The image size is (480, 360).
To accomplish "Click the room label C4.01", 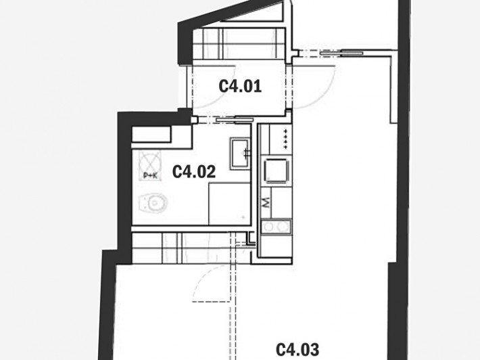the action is coord(240,86).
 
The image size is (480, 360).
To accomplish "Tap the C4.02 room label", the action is coord(194,172).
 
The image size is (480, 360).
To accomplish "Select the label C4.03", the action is coord(297,350).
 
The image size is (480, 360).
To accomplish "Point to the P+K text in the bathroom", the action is coord(150,176).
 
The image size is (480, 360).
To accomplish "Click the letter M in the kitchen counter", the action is coord(266,203).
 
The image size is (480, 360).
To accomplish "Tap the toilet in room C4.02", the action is coord(153,202).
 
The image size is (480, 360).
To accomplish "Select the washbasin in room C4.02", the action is coord(240,153).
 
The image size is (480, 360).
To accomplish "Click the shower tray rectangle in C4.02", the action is coord(230,204).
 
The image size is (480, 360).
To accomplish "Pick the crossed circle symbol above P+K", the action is coord(149,162).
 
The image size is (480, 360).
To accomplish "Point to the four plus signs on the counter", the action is coord(285,139).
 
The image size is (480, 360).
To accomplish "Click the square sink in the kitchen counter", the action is coord(276,171).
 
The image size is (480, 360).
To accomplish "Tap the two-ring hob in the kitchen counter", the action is coord(276,227).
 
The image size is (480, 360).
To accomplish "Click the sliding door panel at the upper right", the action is coord(341,53).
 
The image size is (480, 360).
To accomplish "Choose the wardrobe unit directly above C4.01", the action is coord(239,43).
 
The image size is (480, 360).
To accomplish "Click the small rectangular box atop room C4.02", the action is coord(151,134).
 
